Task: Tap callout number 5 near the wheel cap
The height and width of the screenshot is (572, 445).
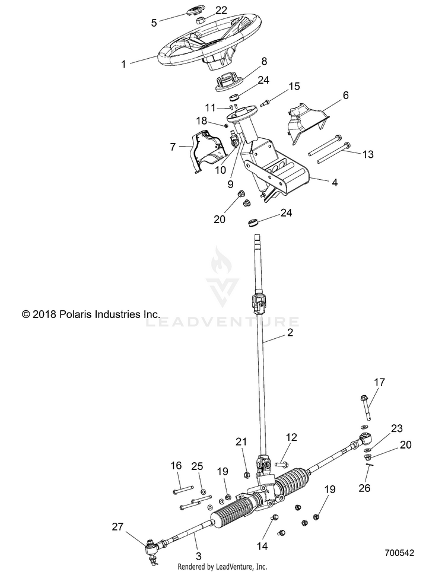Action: (154, 23)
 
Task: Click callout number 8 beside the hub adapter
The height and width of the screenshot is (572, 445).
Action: (264, 61)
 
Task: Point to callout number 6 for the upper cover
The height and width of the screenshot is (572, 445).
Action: (345, 95)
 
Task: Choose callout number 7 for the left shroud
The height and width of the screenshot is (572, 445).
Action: (173, 147)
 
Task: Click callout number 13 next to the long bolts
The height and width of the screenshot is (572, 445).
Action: (368, 154)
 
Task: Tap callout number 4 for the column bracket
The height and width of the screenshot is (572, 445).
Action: (335, 182)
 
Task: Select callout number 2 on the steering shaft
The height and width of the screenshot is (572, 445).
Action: (290, 332)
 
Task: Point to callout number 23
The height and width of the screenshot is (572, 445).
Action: (397, 428)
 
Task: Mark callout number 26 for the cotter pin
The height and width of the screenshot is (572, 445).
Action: (364, 488)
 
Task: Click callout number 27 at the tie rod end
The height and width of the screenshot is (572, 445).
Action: (117, 527)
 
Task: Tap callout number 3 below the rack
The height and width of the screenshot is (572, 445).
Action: (198, 556)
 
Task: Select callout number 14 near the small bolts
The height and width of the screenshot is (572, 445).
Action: (262, 546)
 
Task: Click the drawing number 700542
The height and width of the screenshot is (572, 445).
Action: (399, 553)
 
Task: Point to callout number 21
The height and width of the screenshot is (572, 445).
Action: (241, 442)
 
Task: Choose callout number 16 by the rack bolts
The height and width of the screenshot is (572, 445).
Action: (176, 465)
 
